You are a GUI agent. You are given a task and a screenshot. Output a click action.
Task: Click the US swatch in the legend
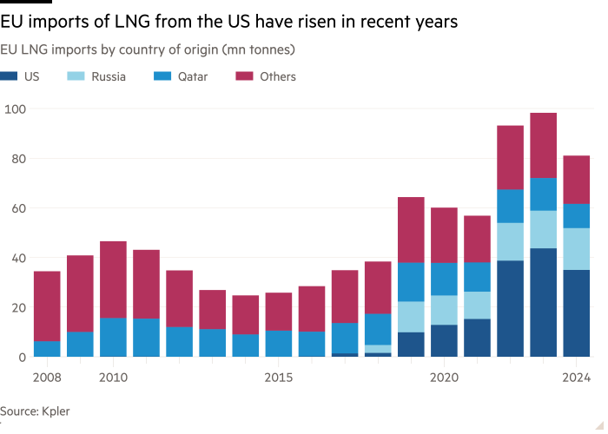coord(8,76)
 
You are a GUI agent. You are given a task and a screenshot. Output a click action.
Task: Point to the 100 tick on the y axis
coord(15,109)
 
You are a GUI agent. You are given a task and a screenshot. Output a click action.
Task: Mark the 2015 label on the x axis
coord(278,378)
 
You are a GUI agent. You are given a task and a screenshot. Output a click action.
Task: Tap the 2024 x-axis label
coord(577,378)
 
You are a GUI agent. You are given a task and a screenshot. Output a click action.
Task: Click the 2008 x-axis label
coord(47,378)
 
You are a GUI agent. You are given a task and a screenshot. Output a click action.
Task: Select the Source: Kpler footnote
coord(35,411)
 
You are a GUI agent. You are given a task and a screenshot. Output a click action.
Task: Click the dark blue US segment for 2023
coord(543,302)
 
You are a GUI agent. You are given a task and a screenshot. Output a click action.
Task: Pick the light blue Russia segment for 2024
coord(577,249)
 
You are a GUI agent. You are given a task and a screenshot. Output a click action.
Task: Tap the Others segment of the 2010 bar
coord(113,279)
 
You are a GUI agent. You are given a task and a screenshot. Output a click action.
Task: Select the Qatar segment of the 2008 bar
coord(47,348)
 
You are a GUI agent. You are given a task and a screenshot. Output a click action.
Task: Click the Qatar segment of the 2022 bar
coord(510,206)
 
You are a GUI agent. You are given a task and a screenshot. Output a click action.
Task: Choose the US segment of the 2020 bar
coord(444,340)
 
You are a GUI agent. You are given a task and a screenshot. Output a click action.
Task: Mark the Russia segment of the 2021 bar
coord(477,305)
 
